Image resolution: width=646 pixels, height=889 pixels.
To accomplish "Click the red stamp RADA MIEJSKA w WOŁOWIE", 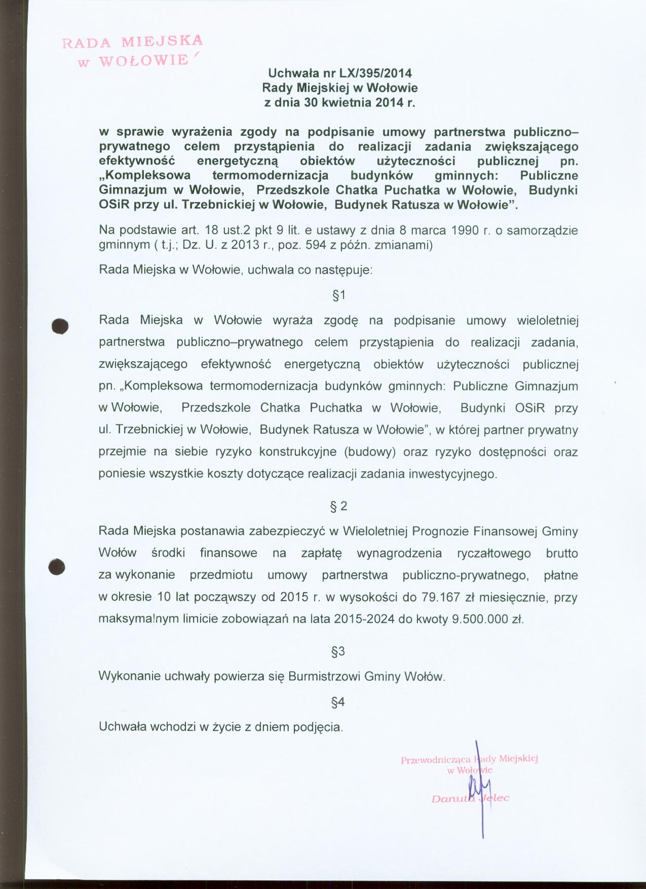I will coord(132,51).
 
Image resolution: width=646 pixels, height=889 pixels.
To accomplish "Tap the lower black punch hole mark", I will coord(58,566).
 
